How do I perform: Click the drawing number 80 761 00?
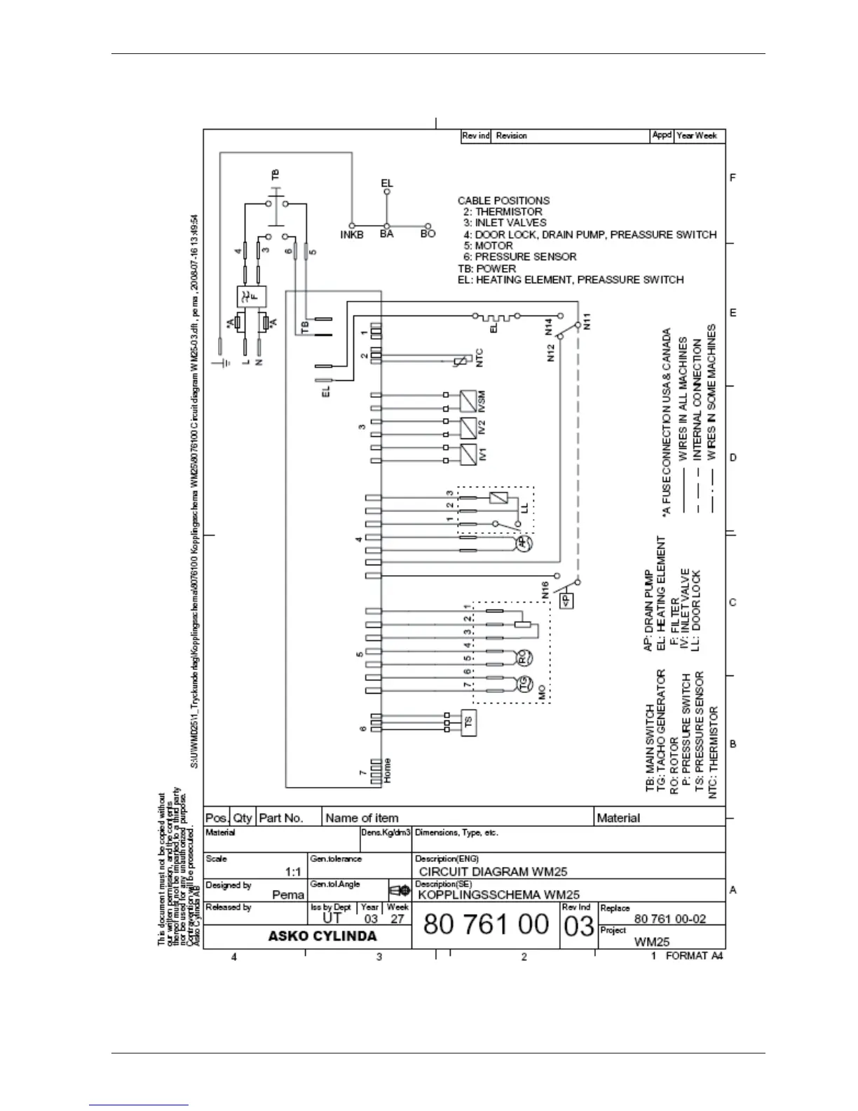point(486,925)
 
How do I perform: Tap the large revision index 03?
point(578,927)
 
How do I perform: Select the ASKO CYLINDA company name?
point(322,936)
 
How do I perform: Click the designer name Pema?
point(288,894)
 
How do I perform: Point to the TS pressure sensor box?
point(469,720)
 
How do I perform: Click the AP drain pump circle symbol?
point(524,544)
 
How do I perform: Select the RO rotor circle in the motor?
point(524,657)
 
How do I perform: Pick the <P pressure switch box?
point(566,600)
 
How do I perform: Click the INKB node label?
point(352,235)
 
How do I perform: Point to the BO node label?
point(428,234)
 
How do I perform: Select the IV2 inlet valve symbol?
point(468,426)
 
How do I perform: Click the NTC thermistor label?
point(479,358)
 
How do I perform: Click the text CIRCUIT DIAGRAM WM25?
point(493,872)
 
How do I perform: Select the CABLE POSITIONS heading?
point(503,201)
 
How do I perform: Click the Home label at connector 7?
point(387,771)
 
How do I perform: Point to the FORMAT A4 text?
point(694,956)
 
